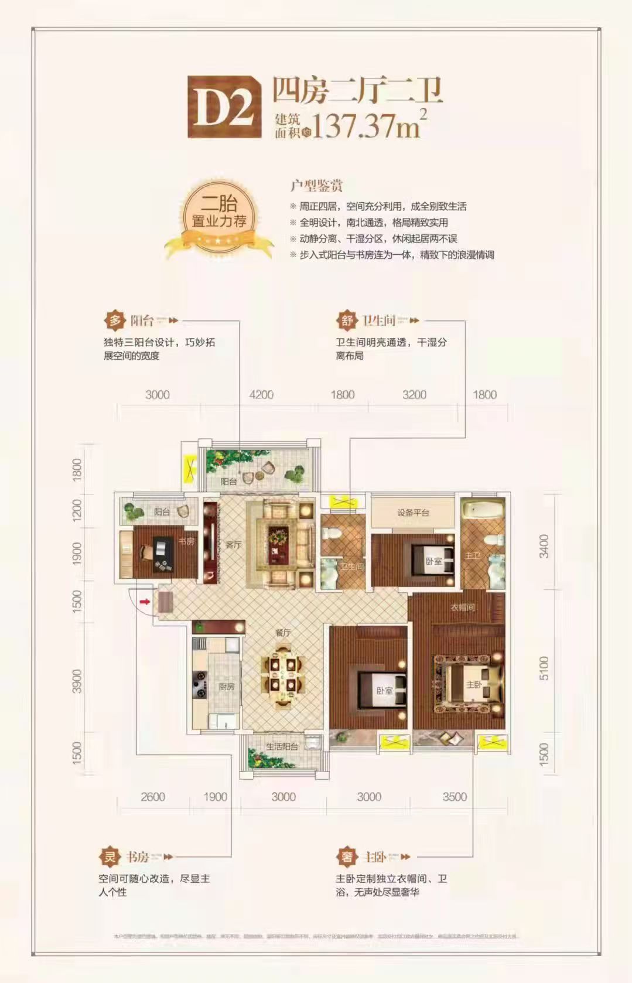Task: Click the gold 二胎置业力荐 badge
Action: click(219, 217)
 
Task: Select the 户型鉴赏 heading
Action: click(316, 186)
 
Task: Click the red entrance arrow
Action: click(145, 600)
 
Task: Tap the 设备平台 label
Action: click(413, 513)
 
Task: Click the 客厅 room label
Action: click(233, 545)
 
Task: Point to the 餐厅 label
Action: click(283, 633)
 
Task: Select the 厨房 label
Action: click(226, 686)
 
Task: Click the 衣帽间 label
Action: click(462, 607)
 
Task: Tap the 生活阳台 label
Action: click(282, 746)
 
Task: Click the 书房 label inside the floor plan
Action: click(186, 542)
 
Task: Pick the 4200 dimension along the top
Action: click(261, 395)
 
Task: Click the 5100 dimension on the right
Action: click(544, 668)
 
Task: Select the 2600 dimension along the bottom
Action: click(152, 797)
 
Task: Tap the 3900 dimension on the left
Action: click(77, 681)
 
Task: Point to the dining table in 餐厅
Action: click(283, 674)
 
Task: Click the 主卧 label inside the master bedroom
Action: click(473, 684)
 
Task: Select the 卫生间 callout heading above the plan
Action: click(378, 320)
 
